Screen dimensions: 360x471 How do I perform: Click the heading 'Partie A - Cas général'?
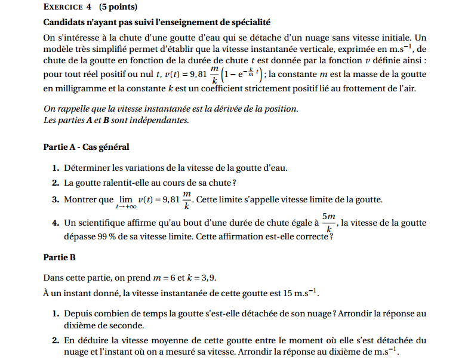click(x=86, y=147)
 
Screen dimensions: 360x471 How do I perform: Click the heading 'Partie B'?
click(x=60, y=258)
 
